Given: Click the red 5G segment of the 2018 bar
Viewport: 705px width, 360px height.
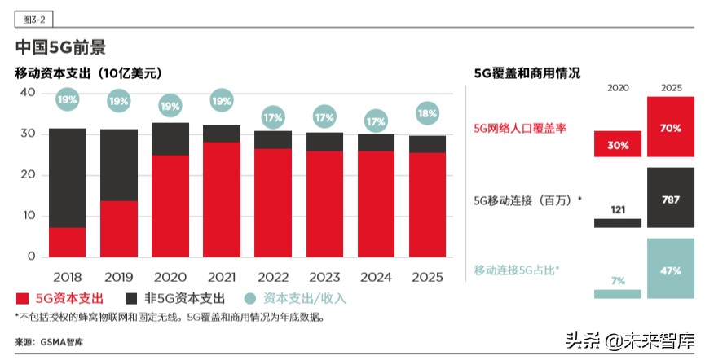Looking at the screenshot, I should pos(67,242).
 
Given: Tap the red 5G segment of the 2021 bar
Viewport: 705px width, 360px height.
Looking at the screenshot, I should pos(221,200).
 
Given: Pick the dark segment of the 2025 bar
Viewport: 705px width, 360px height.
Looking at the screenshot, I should pos(427,144).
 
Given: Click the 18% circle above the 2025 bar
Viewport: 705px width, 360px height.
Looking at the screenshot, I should pos(427,115).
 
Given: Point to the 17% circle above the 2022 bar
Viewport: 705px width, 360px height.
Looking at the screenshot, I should pos(272,117).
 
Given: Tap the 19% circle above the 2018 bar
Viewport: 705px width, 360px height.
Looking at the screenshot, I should pos(67,101).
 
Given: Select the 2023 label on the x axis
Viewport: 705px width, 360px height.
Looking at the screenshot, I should pos(324,277).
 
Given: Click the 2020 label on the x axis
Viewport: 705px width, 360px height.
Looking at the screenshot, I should pos(170,277).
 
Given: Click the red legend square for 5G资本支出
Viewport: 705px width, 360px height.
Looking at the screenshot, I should pos(23,299).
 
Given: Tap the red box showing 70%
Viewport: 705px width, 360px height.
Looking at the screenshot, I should pos(671,127).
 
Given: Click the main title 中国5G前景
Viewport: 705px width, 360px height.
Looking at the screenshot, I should pos(60,47).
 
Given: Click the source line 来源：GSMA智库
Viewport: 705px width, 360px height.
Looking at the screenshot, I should pos(49,342).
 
